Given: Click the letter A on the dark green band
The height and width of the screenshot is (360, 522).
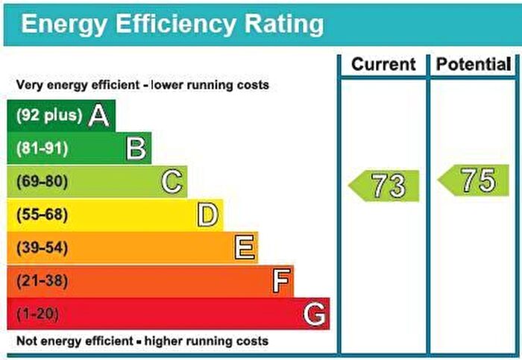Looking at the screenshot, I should pyautogui.click(x=98, y=116).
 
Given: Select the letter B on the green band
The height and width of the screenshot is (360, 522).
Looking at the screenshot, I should pyautogui.click(x=135, y=148).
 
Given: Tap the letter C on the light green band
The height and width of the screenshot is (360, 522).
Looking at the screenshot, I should pyautogui.click(x=172, y=182).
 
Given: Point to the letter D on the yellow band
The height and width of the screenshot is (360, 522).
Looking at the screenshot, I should pyautogui.click(x=207, y=215).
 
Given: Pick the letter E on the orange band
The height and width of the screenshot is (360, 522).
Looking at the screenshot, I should pyautogui.click(x=244, y=247).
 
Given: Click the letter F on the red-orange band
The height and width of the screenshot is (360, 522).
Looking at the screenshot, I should pyautogui.click(x=280, y=281).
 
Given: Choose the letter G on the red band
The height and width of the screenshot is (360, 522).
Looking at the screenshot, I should pyautogui.click(x=315, y=314).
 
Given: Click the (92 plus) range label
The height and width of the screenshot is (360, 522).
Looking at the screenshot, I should pyautogui.click(x=48, y=116).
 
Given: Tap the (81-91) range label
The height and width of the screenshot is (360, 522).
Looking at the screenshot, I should pyautogui.click(x=42, y=148).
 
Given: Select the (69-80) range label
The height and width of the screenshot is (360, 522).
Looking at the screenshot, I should pyautogui.click(x=42, y=182).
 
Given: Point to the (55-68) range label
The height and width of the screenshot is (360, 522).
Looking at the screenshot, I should pyautogui.click(x=42, y=215).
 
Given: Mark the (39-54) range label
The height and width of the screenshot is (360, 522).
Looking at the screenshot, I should pyautogui.click(x=42, y=247).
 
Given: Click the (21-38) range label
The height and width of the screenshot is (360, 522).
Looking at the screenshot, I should pyautogui.click(x=42, y=281).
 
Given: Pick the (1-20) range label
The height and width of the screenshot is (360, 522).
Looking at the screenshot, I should pyautogui.click(x=37, y=314).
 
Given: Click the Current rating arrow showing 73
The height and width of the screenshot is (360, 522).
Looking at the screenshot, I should pyautogui.click(x=385, y=186).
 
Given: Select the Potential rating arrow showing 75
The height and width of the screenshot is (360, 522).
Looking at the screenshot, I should pyautogui.click(x=474, y=180).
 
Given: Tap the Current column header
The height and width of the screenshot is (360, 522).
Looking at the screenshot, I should pyautogui.click(x=383, y=65).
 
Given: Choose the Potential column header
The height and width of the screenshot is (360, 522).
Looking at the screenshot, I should pyautogui.click(x=474, y=65).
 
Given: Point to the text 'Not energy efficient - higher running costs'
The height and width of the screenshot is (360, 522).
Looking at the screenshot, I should pyautogui.click(x=142, y=341).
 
